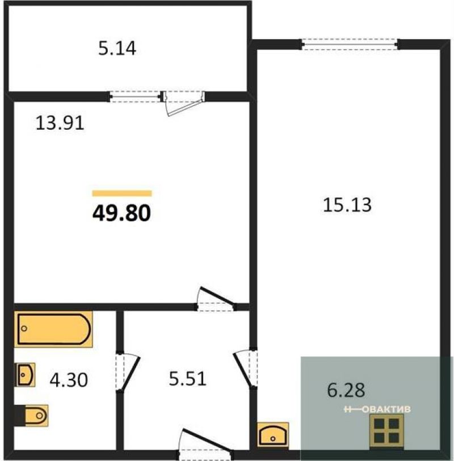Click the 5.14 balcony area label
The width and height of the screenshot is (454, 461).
coord(117,49)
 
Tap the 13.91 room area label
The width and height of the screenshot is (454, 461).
coord(60,123)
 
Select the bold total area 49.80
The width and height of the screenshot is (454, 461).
coord(121,213)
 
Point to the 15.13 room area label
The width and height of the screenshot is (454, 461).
coord(347,205)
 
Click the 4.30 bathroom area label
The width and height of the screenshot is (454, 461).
coord(69,379)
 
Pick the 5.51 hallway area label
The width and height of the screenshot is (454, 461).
coord(188,378)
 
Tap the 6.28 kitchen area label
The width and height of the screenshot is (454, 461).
coord(346,390)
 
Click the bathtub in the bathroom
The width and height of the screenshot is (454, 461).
coord(53,329)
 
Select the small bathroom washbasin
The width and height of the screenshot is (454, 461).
coord(25,375)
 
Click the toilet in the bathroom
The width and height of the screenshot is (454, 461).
coord(32,416)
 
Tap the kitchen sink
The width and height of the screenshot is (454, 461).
coord(273,434)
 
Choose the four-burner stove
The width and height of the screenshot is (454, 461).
coord(386,431)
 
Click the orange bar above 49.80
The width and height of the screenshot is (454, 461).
coord(122,193)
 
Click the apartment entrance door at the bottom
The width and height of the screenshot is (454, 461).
coord(205,443)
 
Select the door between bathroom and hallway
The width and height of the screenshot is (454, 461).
coord(127,373)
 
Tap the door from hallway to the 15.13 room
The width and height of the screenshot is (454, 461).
coord(245,369)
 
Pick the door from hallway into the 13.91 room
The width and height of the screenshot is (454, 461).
coord(216,299)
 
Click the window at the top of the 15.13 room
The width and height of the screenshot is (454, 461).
coord(350,44)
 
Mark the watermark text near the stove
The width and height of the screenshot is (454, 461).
coord(377,409)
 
